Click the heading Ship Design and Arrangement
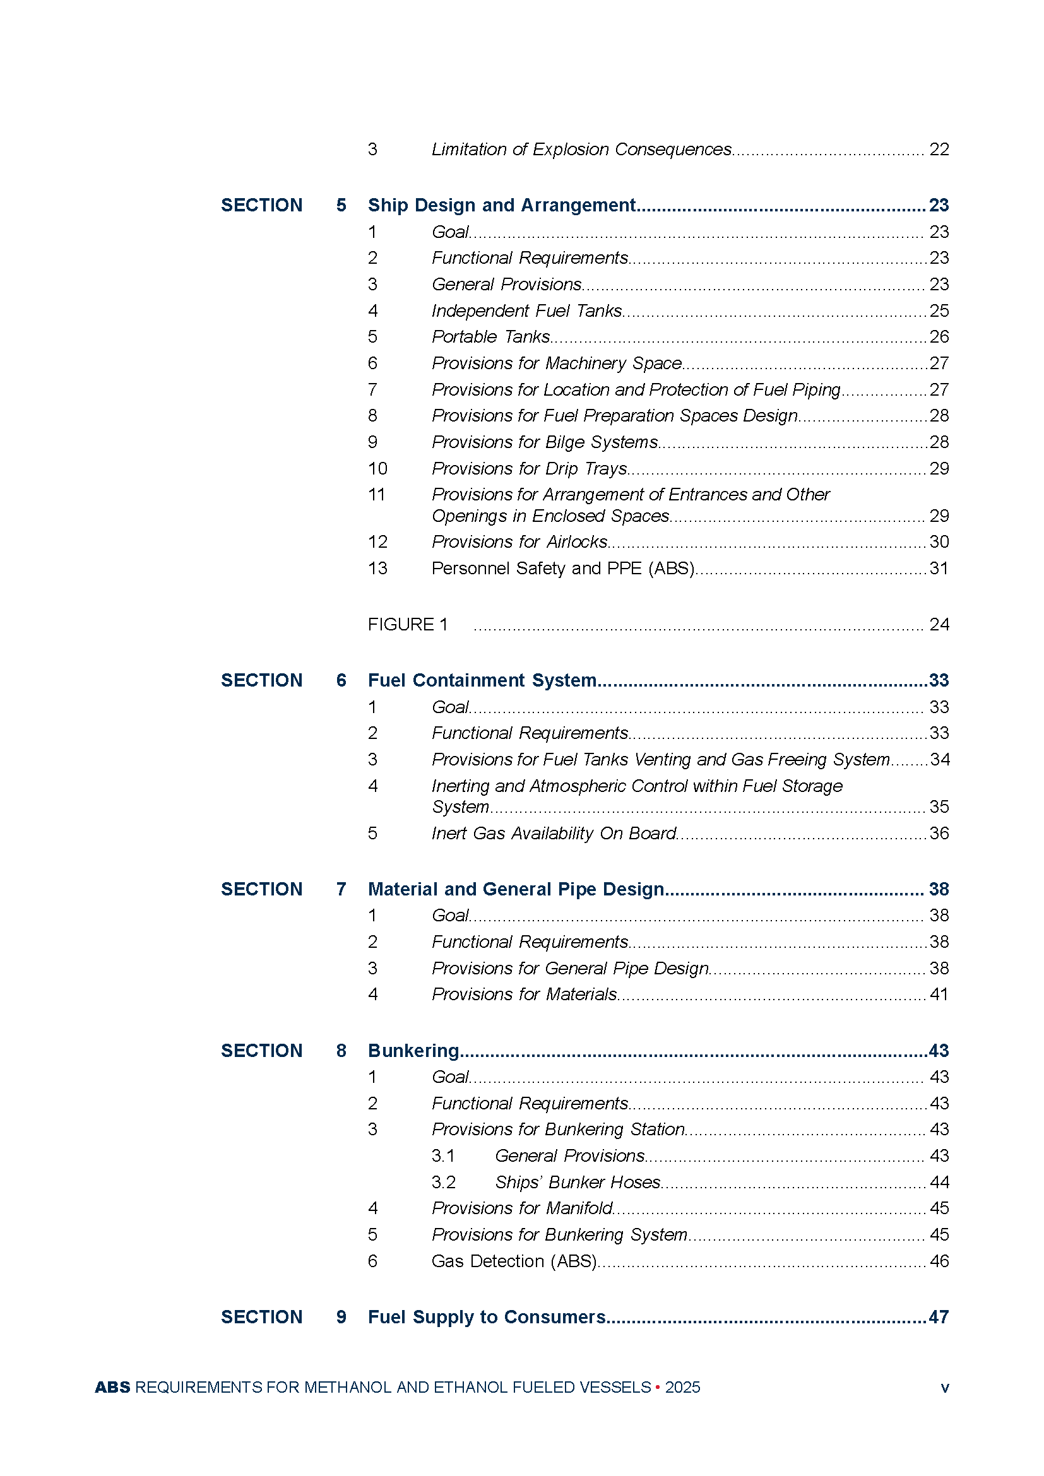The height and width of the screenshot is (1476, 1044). click(501, 205)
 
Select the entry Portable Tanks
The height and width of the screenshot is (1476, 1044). click(490, 337)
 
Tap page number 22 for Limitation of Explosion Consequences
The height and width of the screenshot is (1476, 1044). click(939, 150)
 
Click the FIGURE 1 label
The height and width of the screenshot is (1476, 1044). click(408, 624)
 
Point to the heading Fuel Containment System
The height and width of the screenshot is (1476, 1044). click(482, 680)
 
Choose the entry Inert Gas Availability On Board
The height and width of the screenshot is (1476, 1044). click(554, 833)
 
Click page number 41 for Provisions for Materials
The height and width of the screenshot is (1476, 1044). click(939, 995)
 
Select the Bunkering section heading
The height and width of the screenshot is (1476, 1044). click(413, 1051)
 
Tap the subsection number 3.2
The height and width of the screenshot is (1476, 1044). click(444, 1182)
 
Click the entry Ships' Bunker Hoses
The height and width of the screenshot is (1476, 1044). click(578, 1182)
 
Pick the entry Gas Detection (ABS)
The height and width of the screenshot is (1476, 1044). click(514, 1261)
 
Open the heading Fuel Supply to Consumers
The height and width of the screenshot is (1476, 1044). click(487, 1317)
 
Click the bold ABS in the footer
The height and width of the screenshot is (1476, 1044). click(112, 1387)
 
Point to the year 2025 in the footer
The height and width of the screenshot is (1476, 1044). click(683, 1387)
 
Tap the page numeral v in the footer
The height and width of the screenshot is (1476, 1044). click(944, 1388)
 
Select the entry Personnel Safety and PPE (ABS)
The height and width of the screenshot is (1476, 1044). click(562, 569)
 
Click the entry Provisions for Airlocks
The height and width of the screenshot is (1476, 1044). click(519, 542)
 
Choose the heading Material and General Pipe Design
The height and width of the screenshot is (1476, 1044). click(516, 889)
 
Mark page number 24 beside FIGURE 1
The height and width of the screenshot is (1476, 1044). click(939, 624)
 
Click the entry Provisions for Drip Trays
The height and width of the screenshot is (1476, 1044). click(529, 469)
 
